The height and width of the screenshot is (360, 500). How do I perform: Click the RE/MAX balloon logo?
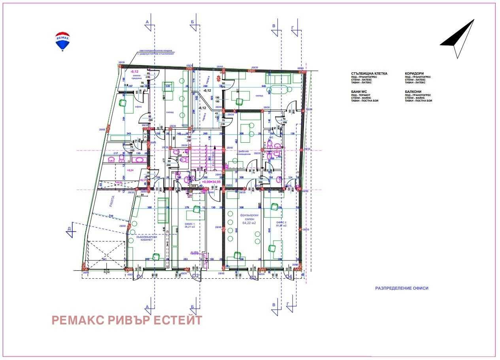click(x=62, y=41)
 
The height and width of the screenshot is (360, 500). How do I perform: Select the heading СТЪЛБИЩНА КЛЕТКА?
click(x=369, y=74)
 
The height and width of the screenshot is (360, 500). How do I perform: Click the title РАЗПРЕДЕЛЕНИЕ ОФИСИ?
click(x=402, y=288)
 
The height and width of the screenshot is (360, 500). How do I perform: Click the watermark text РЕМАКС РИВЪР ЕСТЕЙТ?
click(x=127, y=320)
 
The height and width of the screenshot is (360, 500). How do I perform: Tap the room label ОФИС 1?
click(x=190, y=223)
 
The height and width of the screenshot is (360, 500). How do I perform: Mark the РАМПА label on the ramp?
click(x=112, y=202)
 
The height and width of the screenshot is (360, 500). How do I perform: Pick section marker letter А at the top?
click(x=148, y=22)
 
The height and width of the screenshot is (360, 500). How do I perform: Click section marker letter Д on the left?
click(x=69, y=228)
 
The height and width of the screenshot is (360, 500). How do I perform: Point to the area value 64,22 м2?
click(x=249, y=223)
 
